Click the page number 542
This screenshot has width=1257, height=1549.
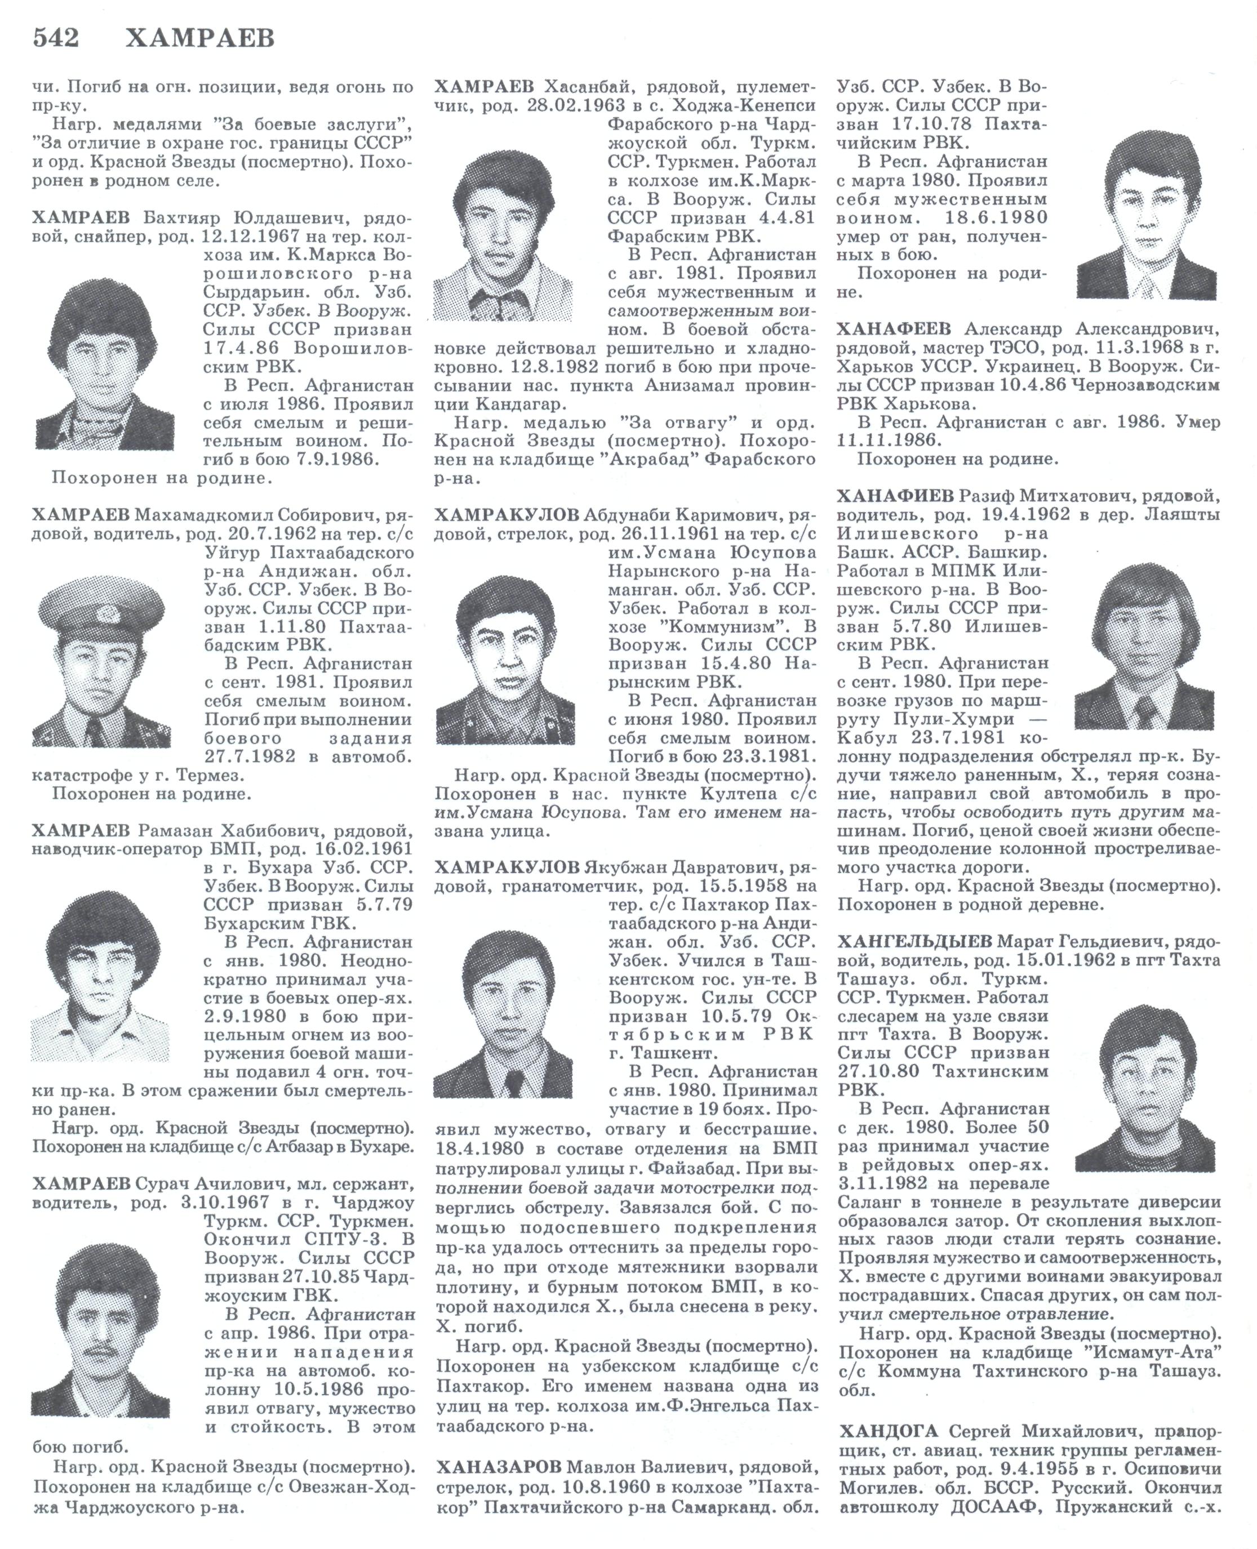coord(56,38)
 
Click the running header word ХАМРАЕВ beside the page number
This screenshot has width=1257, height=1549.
coord(200,38)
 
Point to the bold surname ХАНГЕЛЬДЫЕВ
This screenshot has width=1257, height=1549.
coord(914,942)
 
